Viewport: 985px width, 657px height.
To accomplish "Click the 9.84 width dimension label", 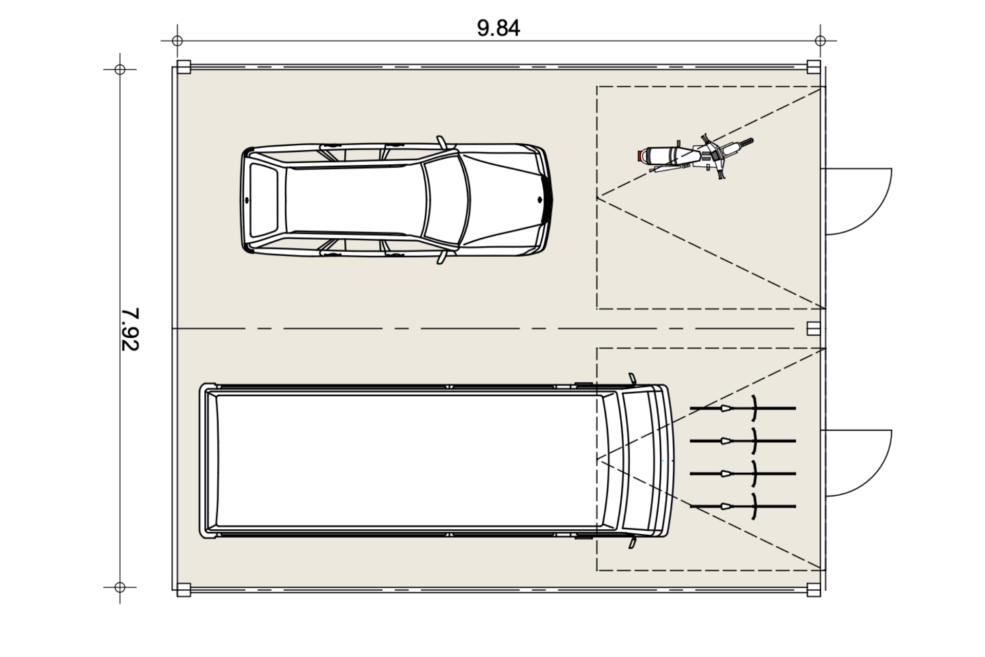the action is (x=498, y=28).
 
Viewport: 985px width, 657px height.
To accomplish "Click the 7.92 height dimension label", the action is (x=130, y=330).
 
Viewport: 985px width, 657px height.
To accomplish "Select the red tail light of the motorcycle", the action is (x=640, y=156).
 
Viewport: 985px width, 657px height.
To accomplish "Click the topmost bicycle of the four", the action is (x=743, y=408).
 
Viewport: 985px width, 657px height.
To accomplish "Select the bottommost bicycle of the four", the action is (x=743, y=506).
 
